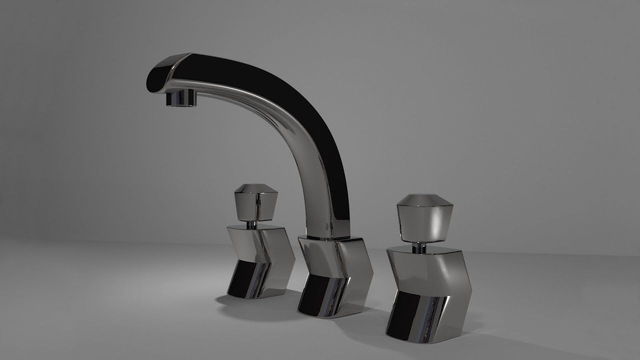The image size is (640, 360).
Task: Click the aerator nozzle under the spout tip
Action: tap(180, 97)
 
